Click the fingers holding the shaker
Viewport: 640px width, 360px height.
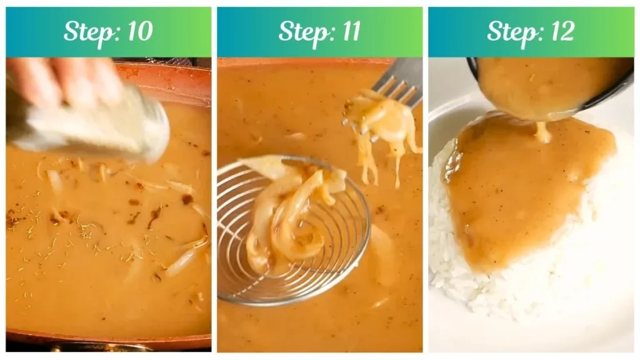coord(69,81)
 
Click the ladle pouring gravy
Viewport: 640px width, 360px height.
coord(550,84)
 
